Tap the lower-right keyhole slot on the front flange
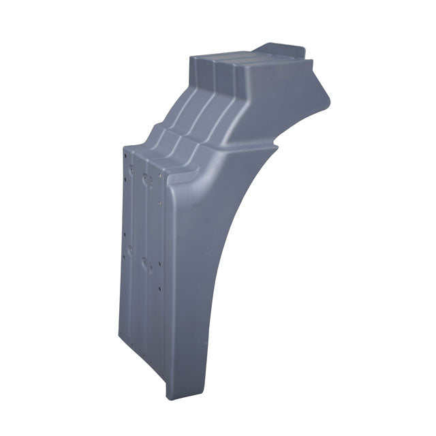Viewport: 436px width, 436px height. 144,260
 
